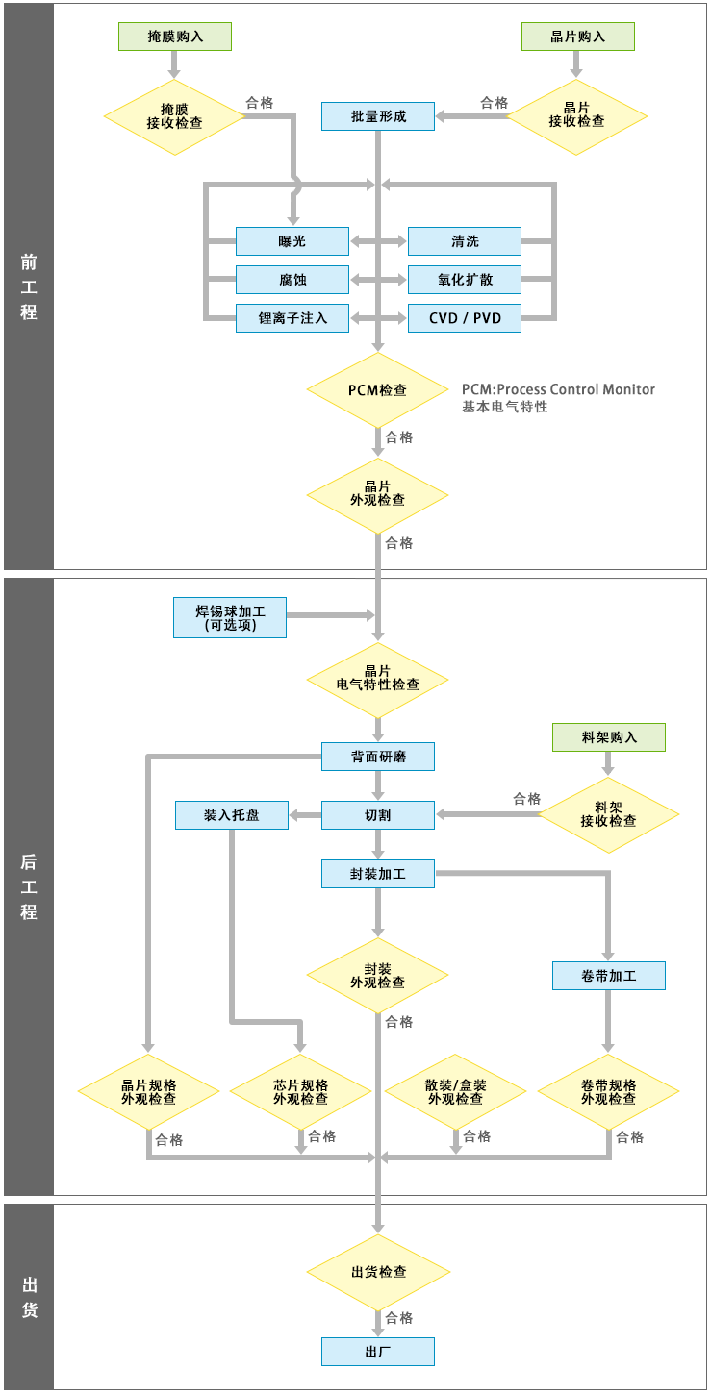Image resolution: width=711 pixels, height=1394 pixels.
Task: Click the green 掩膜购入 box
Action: (175, 37)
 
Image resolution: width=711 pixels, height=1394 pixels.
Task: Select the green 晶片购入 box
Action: (577, 37)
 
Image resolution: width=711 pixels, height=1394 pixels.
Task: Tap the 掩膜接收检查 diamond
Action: (175, 116)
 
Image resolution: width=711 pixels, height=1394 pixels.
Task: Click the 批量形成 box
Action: (378, 116)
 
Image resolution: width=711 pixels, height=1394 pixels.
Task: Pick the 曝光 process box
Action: (292, 241)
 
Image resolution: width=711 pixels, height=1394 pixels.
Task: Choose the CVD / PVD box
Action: (464, 318)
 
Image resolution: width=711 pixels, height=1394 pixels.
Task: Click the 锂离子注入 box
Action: (292, 318)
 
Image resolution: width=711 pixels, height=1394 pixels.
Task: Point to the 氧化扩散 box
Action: (464, 280)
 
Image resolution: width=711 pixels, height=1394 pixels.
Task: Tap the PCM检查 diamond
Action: (378, 390)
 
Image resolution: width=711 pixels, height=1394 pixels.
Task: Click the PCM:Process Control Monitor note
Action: (558, 389)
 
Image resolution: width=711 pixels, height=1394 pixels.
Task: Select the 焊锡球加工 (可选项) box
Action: (230, 617)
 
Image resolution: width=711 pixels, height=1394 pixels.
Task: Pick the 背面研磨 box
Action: (378, 757)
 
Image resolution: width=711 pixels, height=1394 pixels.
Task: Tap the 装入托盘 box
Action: (232, 815)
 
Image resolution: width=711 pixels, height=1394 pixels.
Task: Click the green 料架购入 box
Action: (609, 737)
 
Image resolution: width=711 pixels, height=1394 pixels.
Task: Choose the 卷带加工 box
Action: (609, 976)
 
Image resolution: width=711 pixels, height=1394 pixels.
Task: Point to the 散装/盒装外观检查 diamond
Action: (455, 1091)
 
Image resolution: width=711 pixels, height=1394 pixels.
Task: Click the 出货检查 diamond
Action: (378, 1272)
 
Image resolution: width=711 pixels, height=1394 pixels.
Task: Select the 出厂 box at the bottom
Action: (378, 1352)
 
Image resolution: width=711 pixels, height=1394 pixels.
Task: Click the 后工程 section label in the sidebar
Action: (29, 886)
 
